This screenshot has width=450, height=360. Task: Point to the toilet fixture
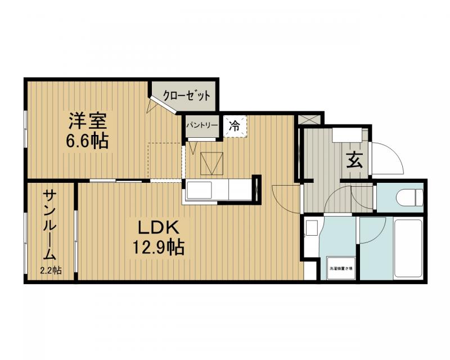coord(409,197)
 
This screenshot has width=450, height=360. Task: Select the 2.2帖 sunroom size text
coord(51,271)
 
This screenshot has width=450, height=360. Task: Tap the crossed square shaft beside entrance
coord(310,119)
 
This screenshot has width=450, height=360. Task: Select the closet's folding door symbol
coord(153,104)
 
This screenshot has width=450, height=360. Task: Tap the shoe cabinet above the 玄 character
coord(347,135)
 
